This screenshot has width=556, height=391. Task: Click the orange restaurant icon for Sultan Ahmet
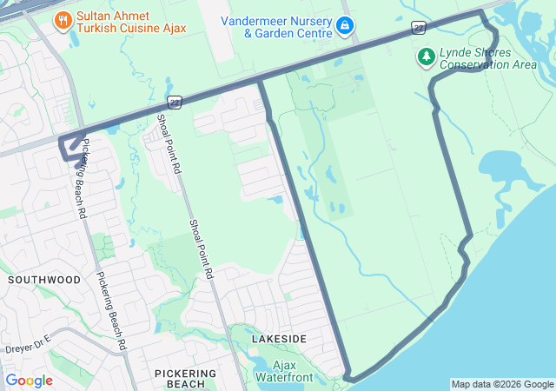point(63,20)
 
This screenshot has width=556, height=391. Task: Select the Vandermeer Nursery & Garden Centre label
point(276,27)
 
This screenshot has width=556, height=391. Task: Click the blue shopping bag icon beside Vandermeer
point(345,26)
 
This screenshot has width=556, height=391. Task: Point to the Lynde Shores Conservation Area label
point(488,58)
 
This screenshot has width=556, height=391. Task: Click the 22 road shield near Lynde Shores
point(419,29)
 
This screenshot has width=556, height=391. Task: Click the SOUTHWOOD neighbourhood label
point(43,280)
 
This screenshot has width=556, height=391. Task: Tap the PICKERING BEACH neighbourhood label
point(180,378)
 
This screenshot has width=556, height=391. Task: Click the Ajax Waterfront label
point(284,371)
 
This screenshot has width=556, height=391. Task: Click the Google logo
point(29,380)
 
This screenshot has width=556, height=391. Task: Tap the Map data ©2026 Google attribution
point(502,384)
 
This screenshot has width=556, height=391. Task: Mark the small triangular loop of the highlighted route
point(69,147)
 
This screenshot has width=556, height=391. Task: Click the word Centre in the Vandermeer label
point(313,34)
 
